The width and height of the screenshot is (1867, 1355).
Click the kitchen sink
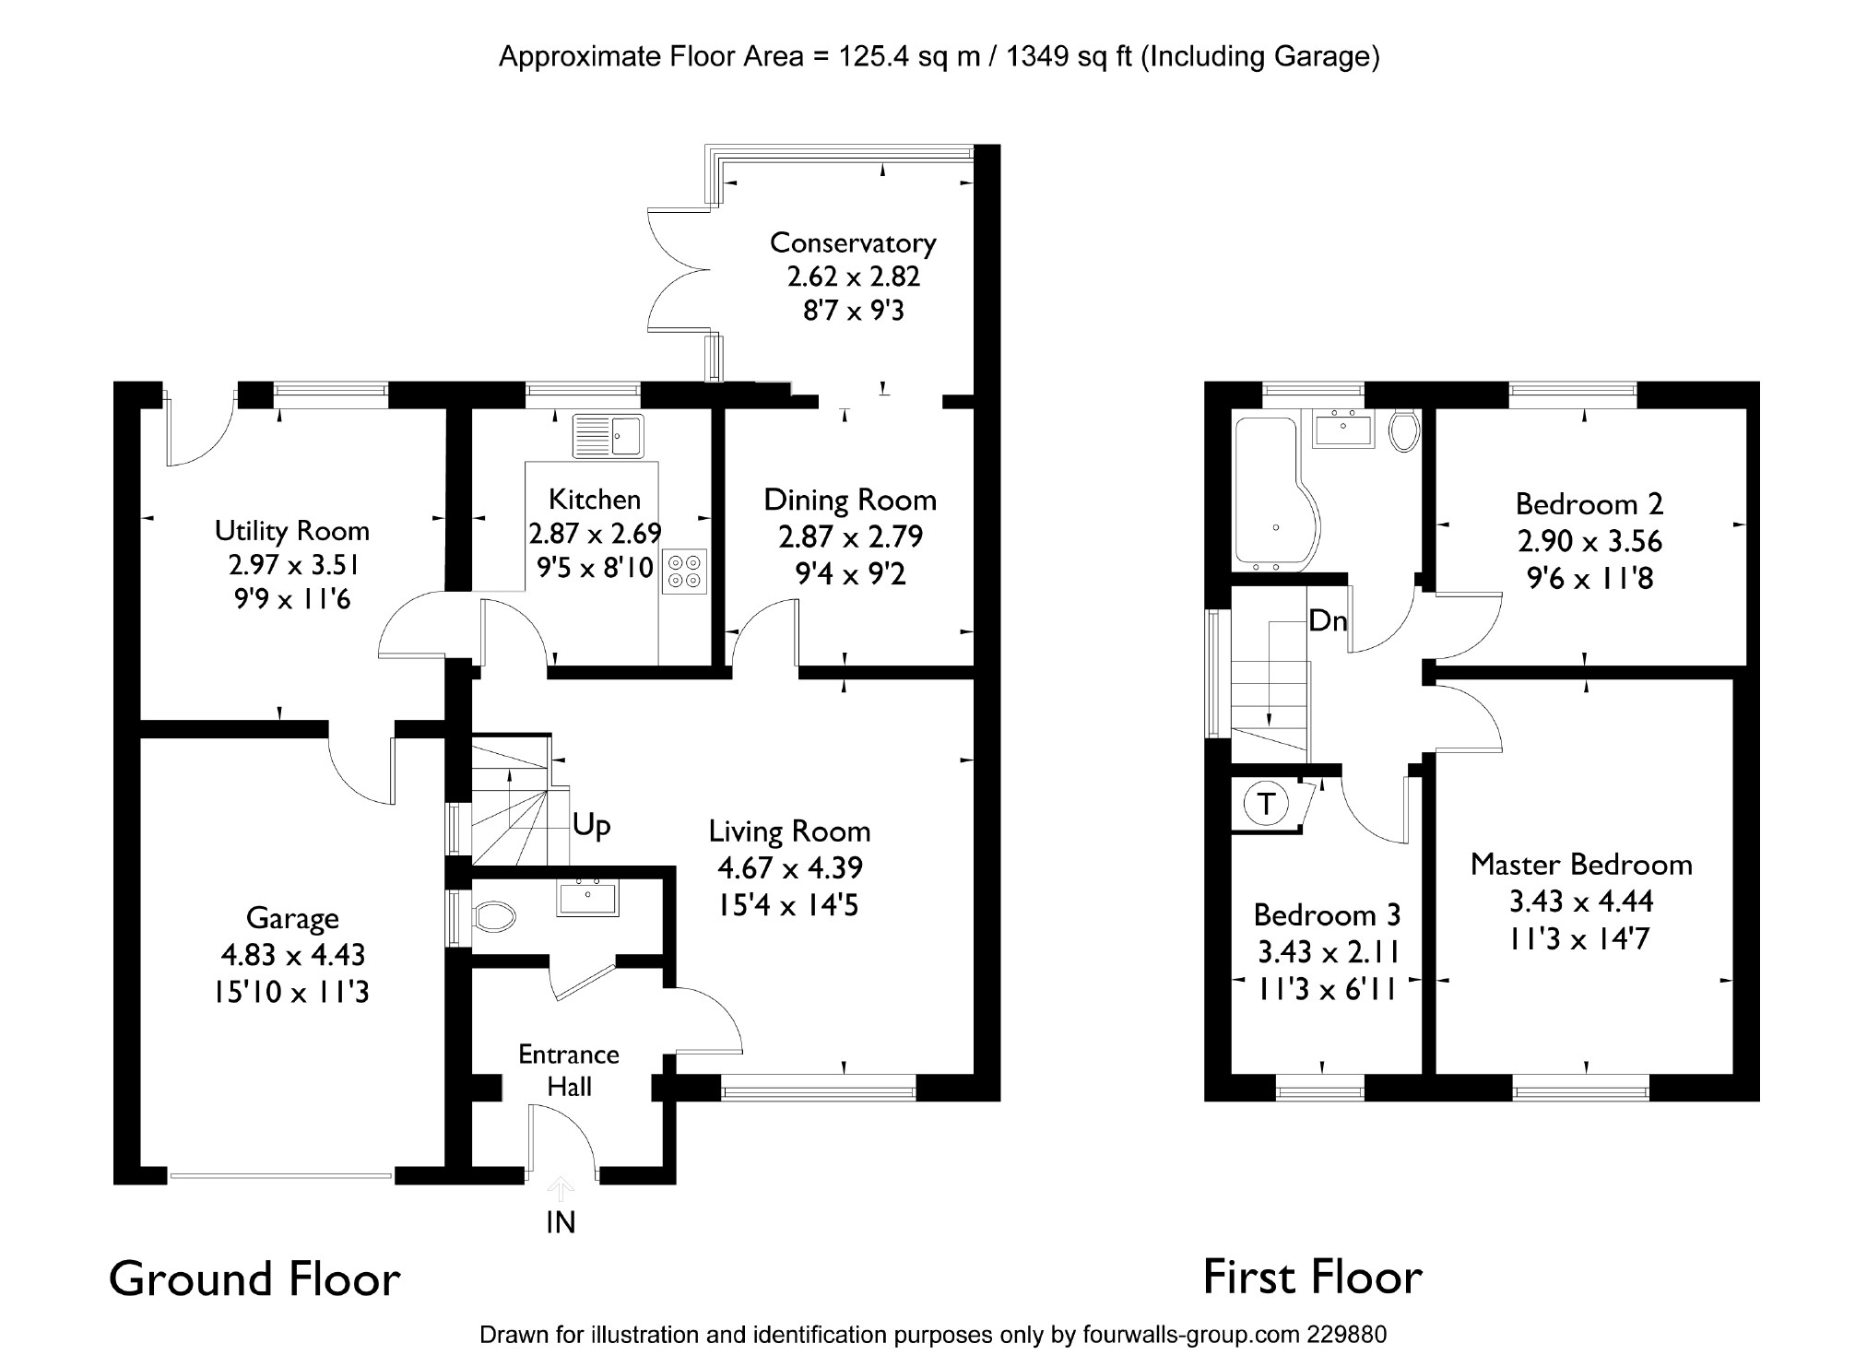coord(609,436)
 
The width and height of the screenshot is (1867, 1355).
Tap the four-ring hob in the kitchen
coord(684,571)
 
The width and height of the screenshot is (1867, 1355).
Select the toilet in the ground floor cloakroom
coord(493,917)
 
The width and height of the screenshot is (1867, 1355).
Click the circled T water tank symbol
coord(1267,804)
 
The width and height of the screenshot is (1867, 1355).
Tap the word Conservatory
coord(853,243)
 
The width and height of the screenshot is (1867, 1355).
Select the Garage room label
coord(292,918)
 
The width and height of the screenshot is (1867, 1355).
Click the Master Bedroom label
coord(1581,865)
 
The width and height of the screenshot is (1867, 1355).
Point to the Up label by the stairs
coord(591,825)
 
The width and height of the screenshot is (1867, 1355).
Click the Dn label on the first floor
coord(1328,621)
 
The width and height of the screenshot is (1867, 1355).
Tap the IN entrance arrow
coord(561,1189)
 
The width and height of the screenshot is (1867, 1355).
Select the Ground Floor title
coord(254,1279)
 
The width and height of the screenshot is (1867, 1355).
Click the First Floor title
coord(1313,1278)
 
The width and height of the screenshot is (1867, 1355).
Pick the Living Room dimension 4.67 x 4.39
coord(790,868)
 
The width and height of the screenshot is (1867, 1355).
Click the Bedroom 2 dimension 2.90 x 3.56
coord(1589,541)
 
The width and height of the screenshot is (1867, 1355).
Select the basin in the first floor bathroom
coord(1343,429)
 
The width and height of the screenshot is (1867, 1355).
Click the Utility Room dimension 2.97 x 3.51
coord(293,564)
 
